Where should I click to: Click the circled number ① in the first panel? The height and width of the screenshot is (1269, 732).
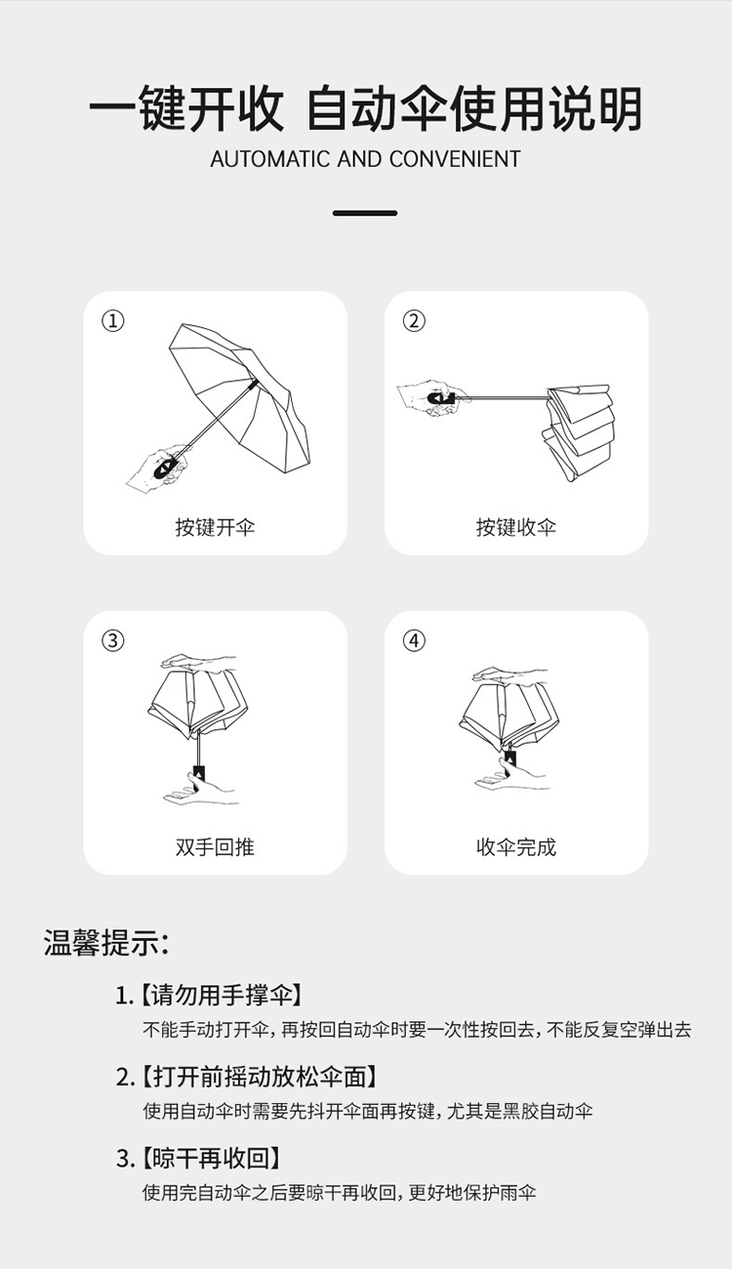tap(113, 321)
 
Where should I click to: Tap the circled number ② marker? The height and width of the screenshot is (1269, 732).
tap(414, 321)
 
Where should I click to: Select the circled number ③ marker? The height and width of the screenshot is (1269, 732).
tap(113, 640)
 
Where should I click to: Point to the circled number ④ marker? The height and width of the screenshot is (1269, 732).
tap(414, 640)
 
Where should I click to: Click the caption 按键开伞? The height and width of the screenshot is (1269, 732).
tap(215, 527)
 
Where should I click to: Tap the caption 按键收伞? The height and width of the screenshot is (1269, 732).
tap(515, 527)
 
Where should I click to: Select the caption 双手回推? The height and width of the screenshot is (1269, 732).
tap(215, 847)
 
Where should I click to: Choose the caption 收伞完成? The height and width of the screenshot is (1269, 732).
tap(515, 847)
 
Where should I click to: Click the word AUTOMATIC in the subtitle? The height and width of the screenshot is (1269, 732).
tap(270, 159)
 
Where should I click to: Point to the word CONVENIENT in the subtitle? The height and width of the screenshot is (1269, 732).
tap(455, 159)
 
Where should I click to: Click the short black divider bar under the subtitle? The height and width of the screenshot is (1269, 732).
tap(365, 213)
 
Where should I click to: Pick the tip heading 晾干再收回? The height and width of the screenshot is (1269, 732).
tap(211, 1159)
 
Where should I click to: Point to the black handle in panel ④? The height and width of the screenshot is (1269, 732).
tap(510, 757)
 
